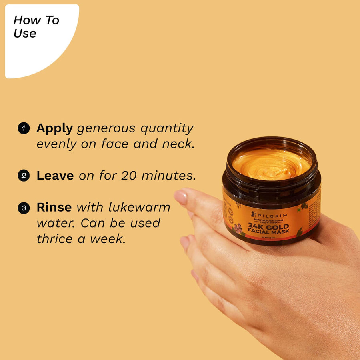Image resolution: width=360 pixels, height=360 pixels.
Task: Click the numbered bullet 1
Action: coord(24,128)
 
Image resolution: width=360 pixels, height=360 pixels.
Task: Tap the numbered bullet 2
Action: coord(24,176)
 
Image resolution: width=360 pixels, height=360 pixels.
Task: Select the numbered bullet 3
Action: coord(24,208)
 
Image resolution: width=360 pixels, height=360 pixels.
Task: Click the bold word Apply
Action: coord(54,128)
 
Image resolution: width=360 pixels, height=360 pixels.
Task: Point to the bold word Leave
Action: coord(55,176)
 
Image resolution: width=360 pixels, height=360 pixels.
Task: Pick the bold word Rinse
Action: coord(54,207)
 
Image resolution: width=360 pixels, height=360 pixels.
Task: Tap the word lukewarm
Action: coord(140,207)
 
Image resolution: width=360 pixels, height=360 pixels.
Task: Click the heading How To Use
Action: coord(36,27)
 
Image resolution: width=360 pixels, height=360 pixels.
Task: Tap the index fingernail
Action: coord(180,197)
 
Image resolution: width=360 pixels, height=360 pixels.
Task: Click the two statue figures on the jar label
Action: coord(238,229)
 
